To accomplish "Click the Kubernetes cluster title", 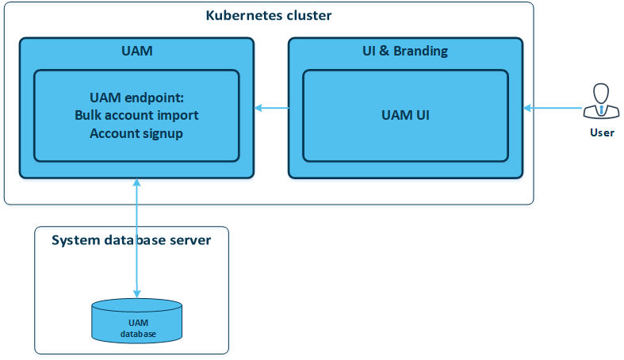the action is click(269, 16).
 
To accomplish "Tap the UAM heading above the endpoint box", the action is click(137, 51).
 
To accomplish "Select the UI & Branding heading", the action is click(405, 51).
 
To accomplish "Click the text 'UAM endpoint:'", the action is click(137, 98).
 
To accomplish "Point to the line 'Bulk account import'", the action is click(136, 115).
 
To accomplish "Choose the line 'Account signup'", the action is click(136, 134).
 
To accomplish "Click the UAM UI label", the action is click(405, 115).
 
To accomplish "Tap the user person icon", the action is click(601, 101).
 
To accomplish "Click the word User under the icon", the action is click(602, 132).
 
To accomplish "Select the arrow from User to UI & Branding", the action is click(553, 108).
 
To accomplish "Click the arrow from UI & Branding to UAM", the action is click(272, 108).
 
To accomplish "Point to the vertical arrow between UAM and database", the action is click(137, 238).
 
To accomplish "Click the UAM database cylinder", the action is click(137, 321).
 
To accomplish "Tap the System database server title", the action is click(132, 240).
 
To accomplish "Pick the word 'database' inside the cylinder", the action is click(138, 334).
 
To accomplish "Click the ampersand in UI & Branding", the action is click(384, 51).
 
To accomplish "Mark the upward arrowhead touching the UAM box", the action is click(137, 182).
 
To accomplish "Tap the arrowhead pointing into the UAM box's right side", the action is click(258, 108).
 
